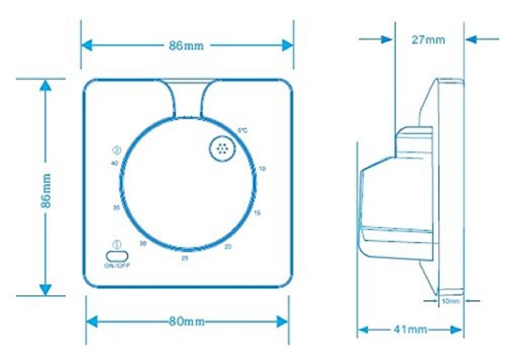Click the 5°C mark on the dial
click(x=242, y=131)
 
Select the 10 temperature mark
click(x=263, y=168)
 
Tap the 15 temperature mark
click(x=257, y=212)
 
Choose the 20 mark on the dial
click(x=228, y=246)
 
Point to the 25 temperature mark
click(x=185, y=258)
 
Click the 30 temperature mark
click(x=143, y=243)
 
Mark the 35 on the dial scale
click(x=116, y=207)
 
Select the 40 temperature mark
click(x=115, y=163)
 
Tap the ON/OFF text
click(x=117, y=265)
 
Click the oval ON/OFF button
click(x=117, y=255)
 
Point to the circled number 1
click(x=117, y=244)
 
